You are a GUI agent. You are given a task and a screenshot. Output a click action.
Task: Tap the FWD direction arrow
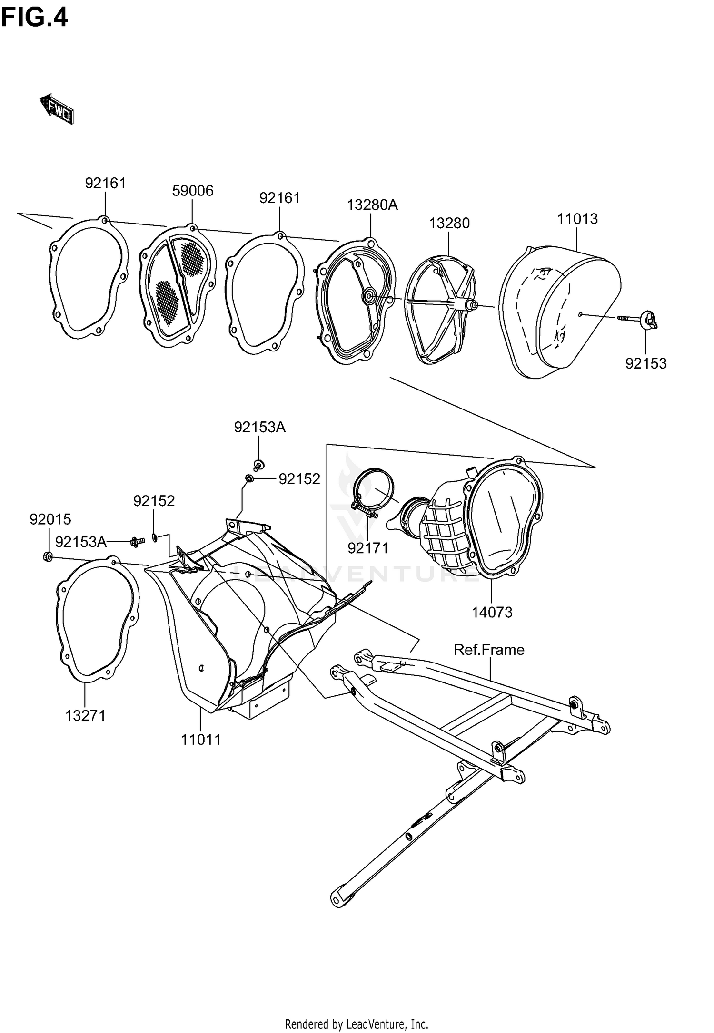pos(57,109)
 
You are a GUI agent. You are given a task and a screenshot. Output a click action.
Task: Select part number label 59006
pos(192,191)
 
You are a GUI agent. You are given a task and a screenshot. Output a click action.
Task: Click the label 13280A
pos(372,205)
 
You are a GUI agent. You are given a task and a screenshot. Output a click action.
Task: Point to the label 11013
pos(577,219)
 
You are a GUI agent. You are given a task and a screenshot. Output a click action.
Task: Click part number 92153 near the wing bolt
pos(645,363)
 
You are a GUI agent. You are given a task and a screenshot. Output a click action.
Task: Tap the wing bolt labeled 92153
pos(648,319)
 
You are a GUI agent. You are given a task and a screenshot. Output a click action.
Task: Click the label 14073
pos(492,612)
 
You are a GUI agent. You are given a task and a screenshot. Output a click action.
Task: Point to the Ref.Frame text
pos(489,650)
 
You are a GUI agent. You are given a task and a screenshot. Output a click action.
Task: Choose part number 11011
pos(201,740)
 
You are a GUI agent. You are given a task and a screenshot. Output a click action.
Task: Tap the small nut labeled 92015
pos(48,556)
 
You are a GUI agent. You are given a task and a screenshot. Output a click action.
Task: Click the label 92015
pos(50,519)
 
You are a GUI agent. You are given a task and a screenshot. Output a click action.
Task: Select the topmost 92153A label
pos(259,428)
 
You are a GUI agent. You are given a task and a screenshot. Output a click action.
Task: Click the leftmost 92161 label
pos(105,183)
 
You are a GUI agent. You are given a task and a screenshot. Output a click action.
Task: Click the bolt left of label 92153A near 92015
pos(137,541)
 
